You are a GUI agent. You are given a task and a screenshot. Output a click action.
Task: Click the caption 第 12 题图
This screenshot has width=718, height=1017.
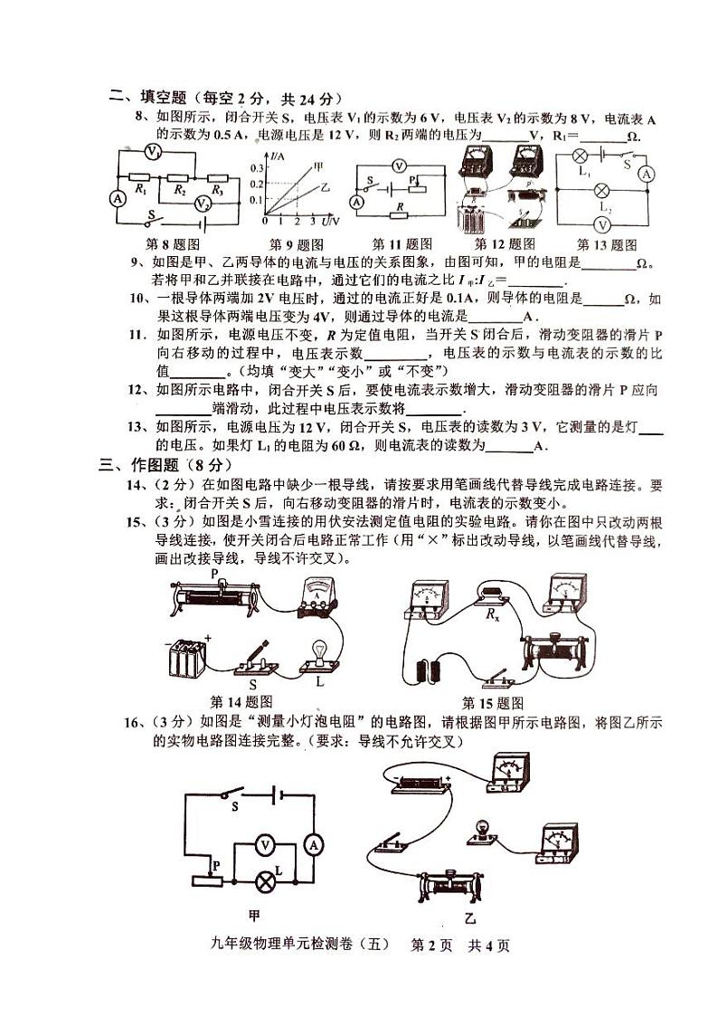tap(505, 244)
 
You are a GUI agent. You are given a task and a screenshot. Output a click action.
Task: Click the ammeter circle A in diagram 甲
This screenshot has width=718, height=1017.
tap(314, 844)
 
